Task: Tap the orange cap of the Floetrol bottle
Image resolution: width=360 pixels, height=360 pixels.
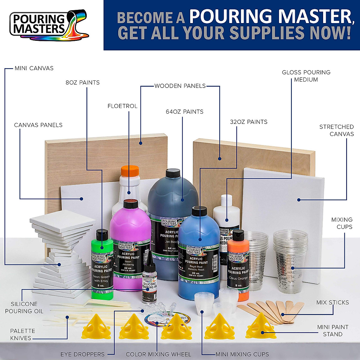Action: click(130, 171)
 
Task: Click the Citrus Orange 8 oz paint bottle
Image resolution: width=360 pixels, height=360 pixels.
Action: click(238, 264)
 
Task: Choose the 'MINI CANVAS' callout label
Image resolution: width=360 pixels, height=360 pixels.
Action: click(34, 68)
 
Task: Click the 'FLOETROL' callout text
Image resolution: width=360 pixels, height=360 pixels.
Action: click(122, 106)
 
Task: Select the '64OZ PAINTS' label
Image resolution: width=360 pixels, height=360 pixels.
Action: click(184, 112)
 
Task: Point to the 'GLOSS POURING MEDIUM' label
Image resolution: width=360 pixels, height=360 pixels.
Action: click(306, 76)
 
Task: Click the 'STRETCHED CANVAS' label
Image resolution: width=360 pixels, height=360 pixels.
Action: click(336, 130)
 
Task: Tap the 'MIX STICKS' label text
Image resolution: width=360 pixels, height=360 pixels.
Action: click(332, 302)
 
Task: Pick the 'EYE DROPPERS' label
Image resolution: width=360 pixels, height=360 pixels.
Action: click(82, 354)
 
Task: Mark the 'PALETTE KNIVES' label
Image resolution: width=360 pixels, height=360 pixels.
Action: click(22, 334)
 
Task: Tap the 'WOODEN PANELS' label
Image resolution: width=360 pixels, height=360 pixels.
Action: click(180, 86)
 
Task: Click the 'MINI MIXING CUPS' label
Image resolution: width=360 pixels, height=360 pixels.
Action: click(242, 354)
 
